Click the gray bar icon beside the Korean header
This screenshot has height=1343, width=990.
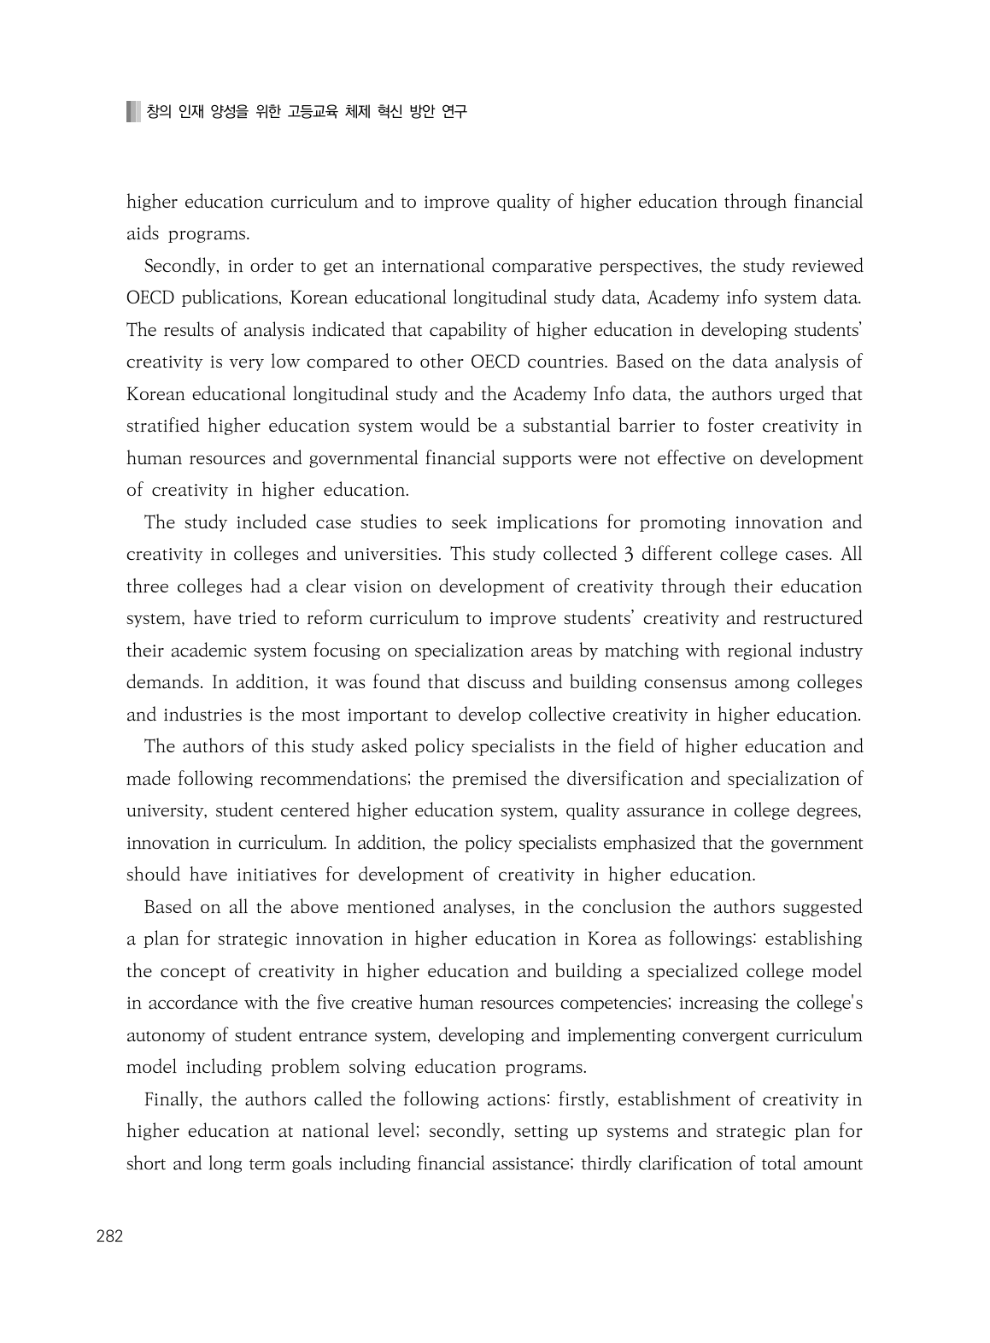132,112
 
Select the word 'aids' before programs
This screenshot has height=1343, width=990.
143,234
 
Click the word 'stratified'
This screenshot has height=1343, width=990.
163,427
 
